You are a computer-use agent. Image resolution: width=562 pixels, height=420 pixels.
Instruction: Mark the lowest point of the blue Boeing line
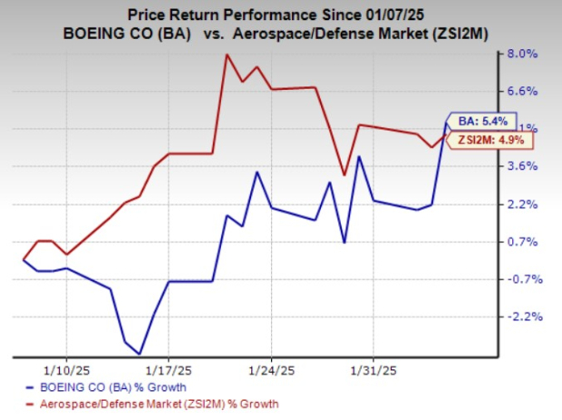click(140, 354)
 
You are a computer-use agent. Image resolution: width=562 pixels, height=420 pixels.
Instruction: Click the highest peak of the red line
click(226, 54)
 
